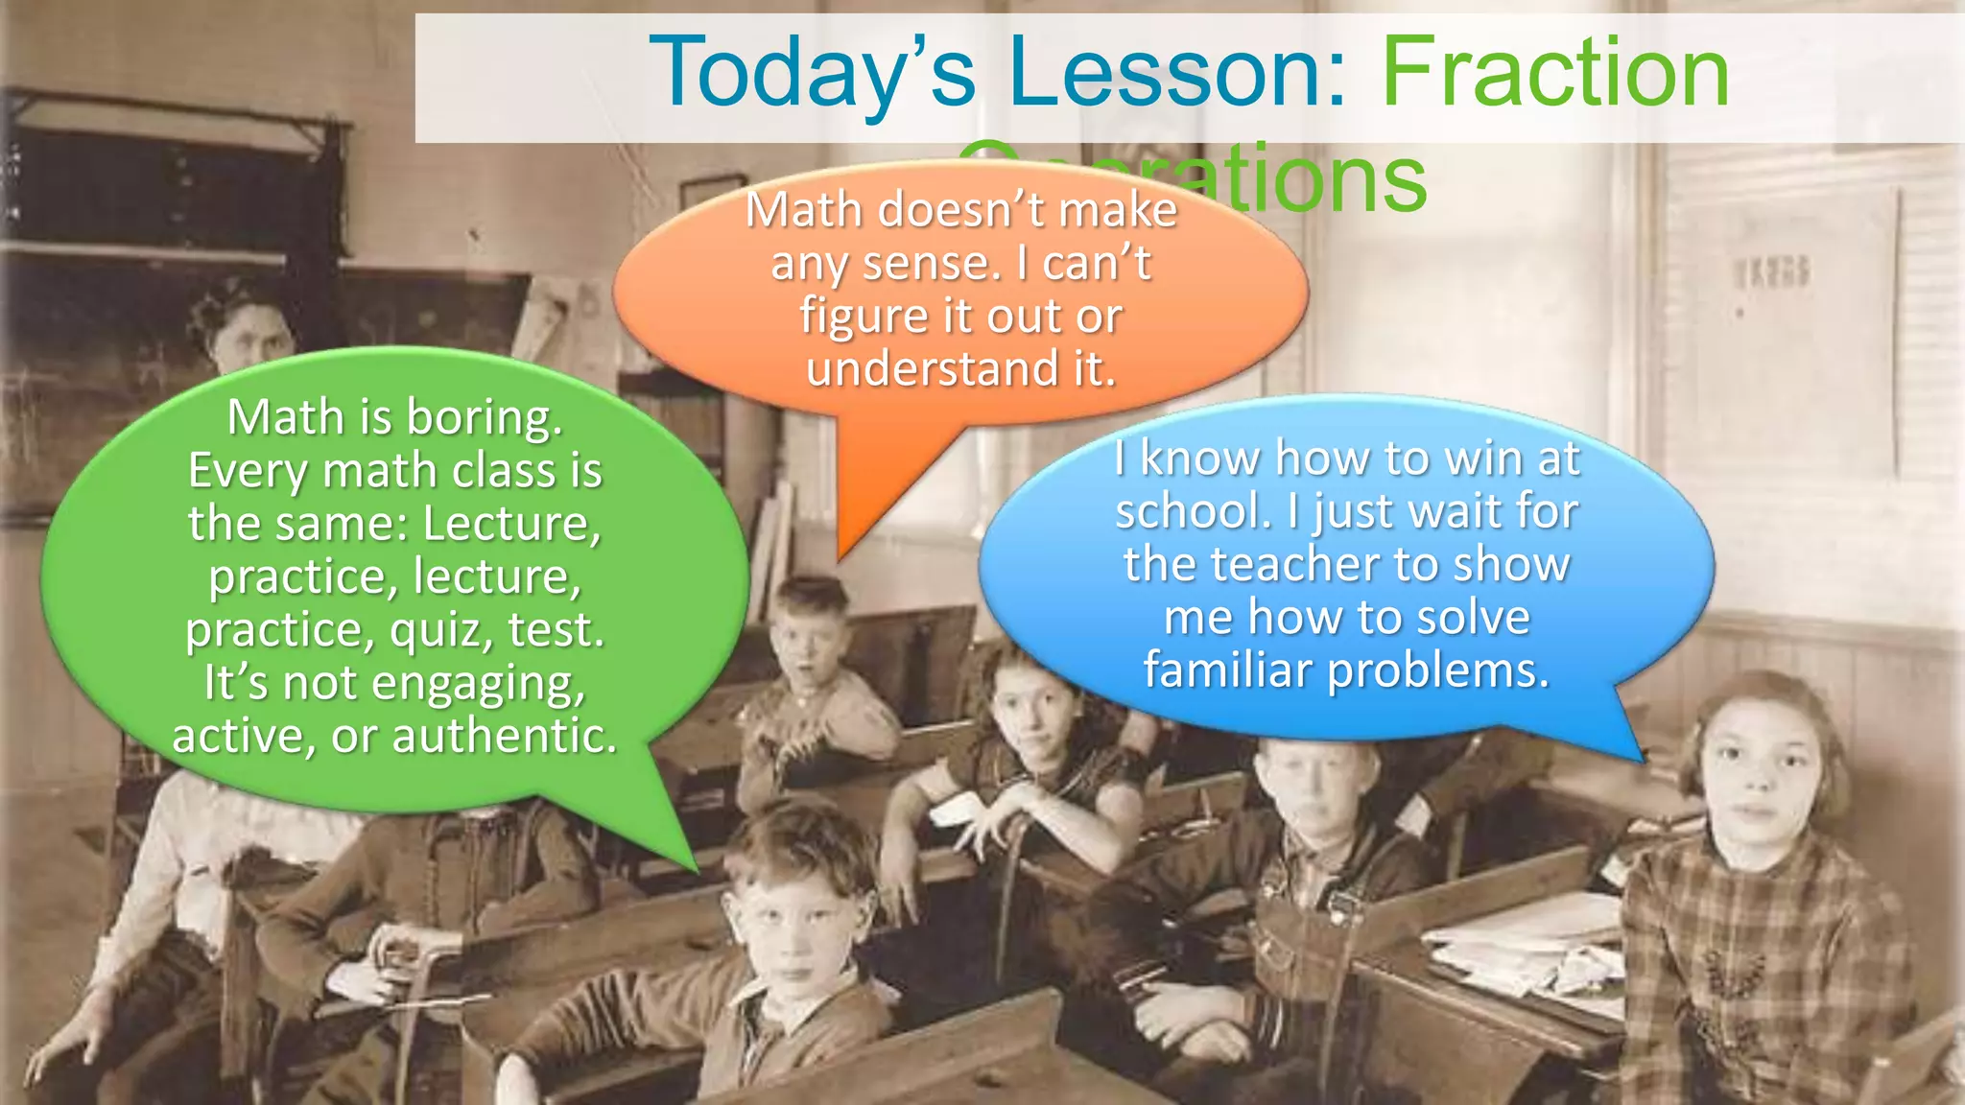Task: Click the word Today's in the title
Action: (x=812, y=73)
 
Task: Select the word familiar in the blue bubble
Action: (x=1227, y=670)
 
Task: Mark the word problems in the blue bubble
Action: (x=1438, y=670)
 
